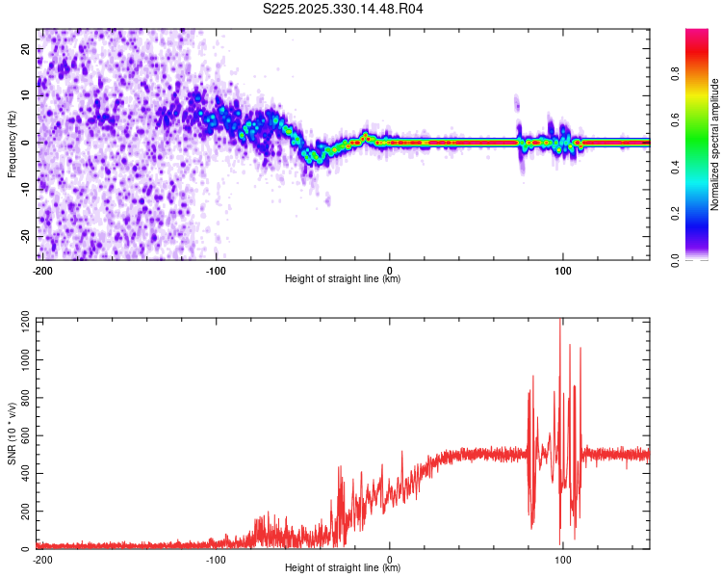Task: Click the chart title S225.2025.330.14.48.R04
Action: (x=344, y=9)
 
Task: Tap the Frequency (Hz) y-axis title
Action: (x=12, y=144)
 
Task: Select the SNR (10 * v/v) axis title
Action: (x=12, y=433)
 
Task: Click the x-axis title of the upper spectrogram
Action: (x=343, y=279)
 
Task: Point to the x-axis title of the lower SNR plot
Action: (x=343, y=568)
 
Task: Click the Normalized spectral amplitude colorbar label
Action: (x=714, y=144)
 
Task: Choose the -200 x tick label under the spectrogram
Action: (x=41, y=269)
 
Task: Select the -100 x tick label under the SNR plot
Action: (x=215, y=558)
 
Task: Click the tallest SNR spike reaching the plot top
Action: (x=561, y=324)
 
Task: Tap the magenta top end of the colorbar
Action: (x=696, y=33)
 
